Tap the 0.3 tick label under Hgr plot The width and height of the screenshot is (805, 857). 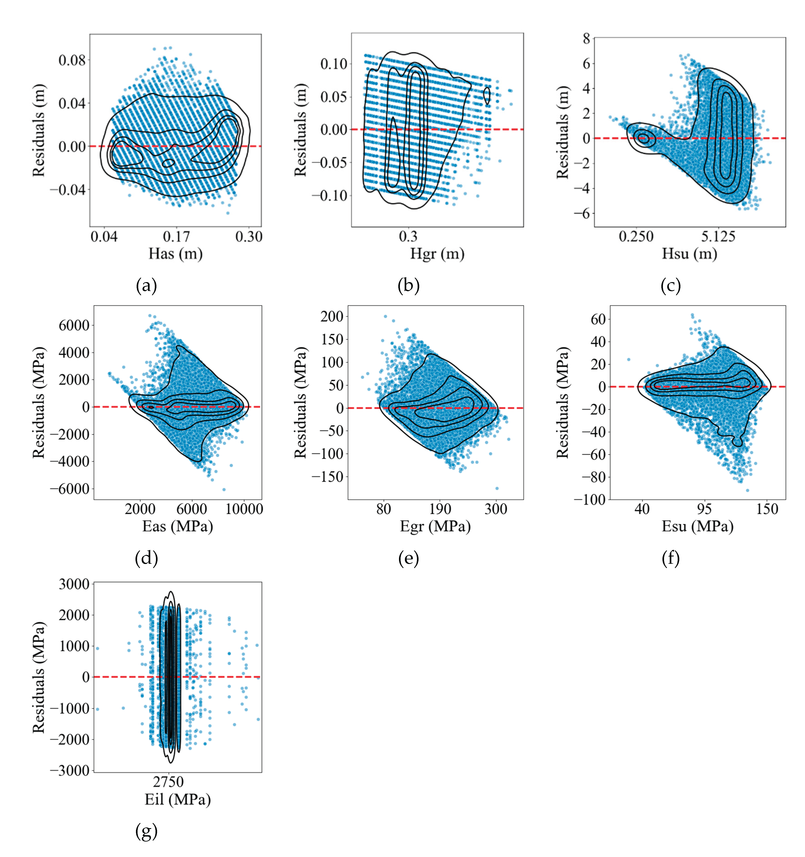(408, 237)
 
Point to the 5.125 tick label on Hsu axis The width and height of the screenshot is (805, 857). (718, 237)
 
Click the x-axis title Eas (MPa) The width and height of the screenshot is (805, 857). (178, 526)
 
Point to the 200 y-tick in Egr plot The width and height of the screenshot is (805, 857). (332, 316)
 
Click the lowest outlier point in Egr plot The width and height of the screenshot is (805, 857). (497, 489)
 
